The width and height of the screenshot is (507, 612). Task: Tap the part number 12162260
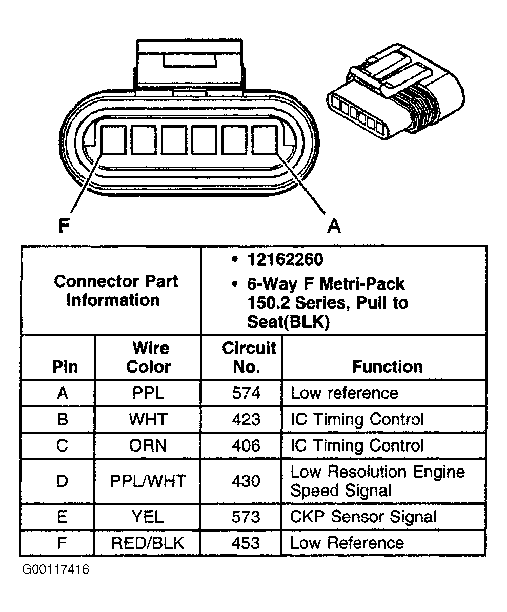click(x=285, y=259)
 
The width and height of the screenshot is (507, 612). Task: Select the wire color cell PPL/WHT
click(x=148, y=481)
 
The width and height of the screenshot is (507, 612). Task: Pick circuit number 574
click(x=246, y=393)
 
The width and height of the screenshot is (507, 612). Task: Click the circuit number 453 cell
click(x=246, y=543)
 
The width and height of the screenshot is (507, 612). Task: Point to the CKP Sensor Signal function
click(x=363, y=517)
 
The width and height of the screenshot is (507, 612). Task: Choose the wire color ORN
click(x=148, y=445)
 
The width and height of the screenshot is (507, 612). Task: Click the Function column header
click(x=387, y=366)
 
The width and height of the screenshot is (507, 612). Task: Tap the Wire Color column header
click(x=148, y=357)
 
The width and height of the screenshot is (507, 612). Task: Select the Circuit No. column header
click(x=249, y=357)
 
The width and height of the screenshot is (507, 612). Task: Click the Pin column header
click(x=66, y=366)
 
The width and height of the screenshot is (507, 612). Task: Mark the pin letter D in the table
click(x=62, y=481)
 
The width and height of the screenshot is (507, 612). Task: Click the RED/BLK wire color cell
click(x=148, y=543)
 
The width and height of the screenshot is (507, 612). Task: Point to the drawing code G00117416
click(x=55, y=570)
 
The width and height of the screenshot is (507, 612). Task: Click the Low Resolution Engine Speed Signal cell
click(x=377, y=481)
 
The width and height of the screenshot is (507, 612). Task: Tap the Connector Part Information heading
click(x=116, y=290)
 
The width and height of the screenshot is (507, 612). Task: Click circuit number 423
click(x=246, y=419)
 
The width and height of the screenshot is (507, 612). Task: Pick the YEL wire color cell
click(x=148, y=517)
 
